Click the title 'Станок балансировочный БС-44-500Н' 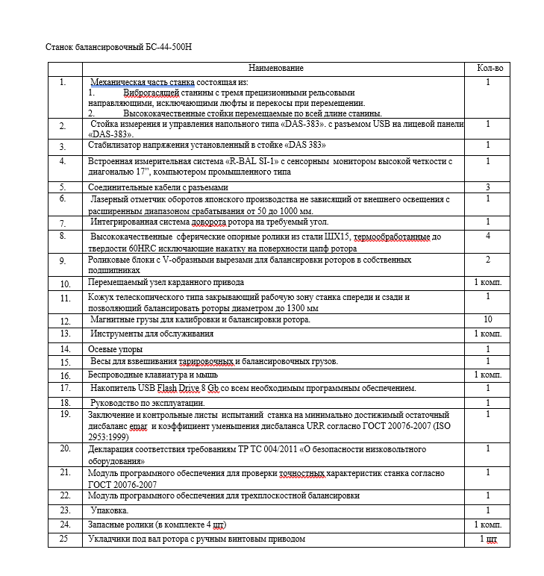(x=124, y=48)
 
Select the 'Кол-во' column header (x=490, y=69)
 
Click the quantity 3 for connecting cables (x=487, y=187)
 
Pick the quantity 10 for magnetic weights (x=487, y=319)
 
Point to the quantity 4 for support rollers (x=487, y=236)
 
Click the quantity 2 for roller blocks (x=487, y=260)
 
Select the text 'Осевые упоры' (x=115, y=349)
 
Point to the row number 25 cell (x=64, y=539)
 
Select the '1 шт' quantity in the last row (x=489, y=539)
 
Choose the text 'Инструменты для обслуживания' (x=152, y=334)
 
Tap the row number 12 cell (x=65, y=321)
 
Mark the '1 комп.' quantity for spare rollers (x=488, y=525)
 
